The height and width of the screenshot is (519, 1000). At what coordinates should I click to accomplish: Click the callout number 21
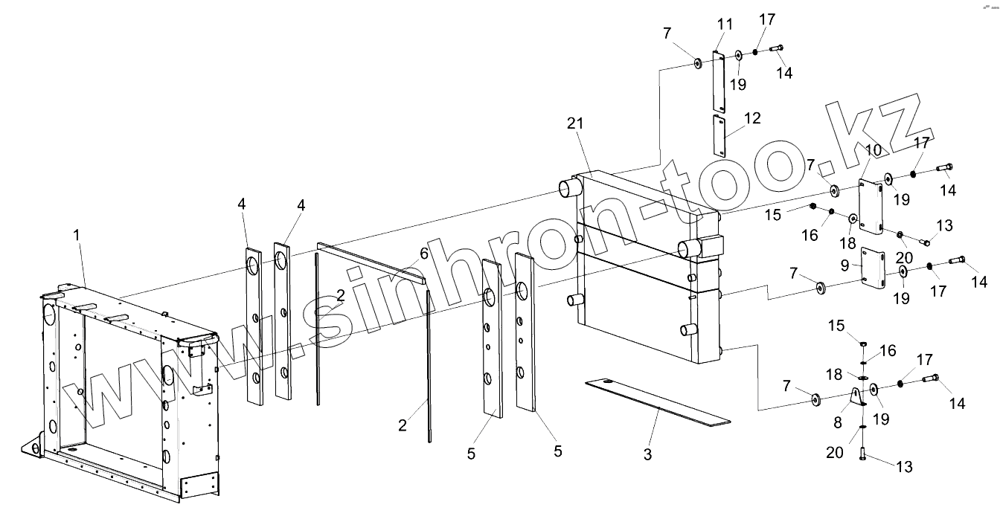575,123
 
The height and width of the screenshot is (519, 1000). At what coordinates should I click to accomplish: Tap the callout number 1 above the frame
77,235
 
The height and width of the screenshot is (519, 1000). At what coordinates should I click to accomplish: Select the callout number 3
647,454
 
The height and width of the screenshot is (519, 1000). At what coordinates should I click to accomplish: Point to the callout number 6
423,254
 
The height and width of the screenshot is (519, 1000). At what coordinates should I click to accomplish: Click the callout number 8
838,422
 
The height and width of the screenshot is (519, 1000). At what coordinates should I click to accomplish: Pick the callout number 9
844,265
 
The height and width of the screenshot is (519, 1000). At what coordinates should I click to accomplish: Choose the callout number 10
874,150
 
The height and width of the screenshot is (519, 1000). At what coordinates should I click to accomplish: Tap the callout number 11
725,24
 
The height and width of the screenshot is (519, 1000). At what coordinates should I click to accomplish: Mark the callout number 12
752,118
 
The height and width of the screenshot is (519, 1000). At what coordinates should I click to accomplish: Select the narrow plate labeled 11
718,82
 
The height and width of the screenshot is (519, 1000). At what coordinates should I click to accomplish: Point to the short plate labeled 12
719,135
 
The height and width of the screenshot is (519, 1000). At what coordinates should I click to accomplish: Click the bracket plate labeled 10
871,207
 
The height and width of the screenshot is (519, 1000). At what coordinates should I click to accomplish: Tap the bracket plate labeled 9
873,268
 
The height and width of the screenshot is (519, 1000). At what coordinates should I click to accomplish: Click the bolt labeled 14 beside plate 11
777,48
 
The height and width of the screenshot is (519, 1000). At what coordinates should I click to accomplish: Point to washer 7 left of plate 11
698,63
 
